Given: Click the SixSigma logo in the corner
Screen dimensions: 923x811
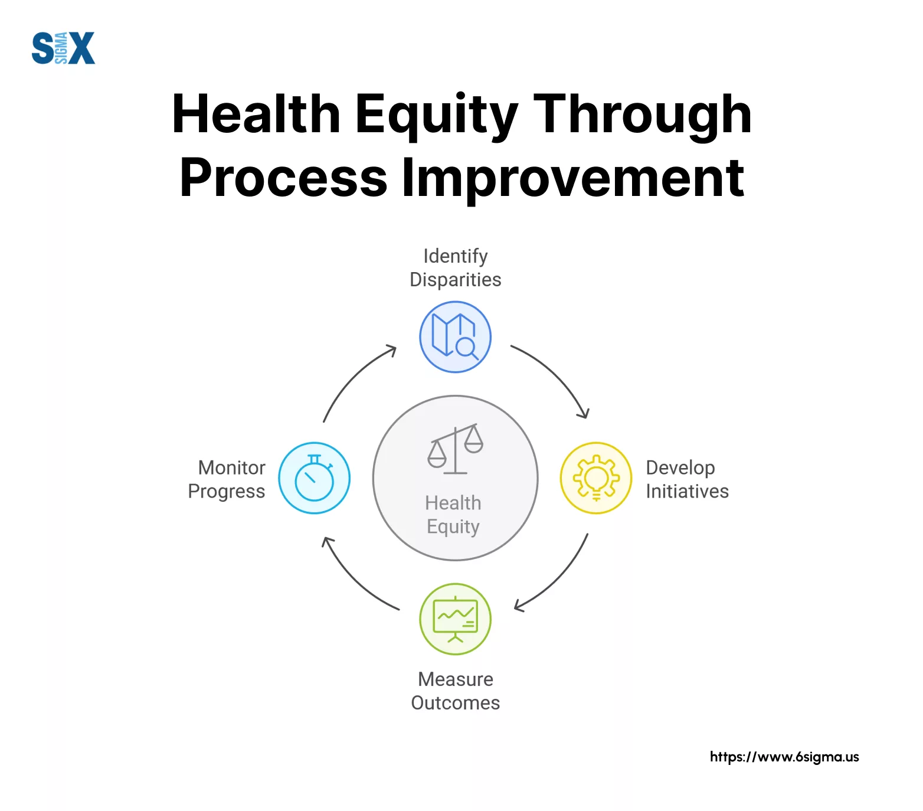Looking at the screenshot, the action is tap(63, 48).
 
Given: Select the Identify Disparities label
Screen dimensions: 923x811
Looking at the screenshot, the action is tap(456, 268).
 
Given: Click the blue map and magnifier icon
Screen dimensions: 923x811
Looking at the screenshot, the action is tap(455, 337).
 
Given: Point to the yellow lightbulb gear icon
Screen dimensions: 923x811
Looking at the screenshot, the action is tap(596, 478).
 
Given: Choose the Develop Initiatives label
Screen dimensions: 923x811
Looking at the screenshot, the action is tap(688, 479).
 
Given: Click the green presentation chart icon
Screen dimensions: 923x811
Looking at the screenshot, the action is tap(455, 619).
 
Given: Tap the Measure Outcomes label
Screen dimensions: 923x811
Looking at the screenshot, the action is tap(456, 691).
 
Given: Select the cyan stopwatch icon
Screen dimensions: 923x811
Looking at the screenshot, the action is tap(315, 478).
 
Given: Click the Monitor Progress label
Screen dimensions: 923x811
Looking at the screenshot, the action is tap(227, 479).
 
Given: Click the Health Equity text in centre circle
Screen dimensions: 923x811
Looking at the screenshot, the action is tap(453, 515).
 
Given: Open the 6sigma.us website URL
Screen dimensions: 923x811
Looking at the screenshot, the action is tap(784, 757).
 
